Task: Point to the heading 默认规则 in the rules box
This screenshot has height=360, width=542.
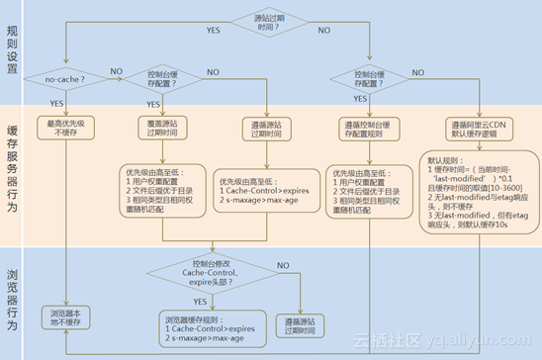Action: click(441, 159)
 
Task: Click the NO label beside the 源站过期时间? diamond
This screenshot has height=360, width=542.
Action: click(323, 31)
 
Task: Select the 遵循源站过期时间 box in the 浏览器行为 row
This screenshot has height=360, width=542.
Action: click(298, 324)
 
